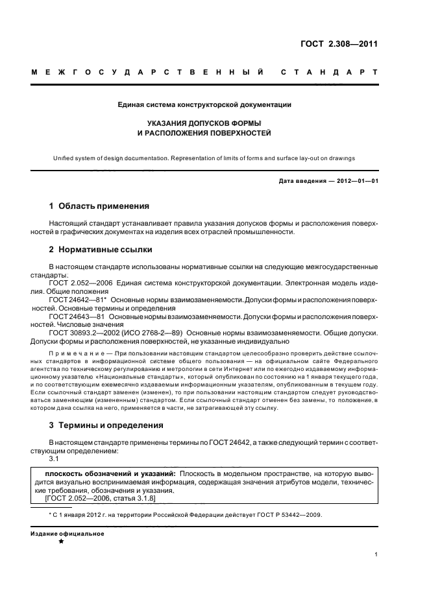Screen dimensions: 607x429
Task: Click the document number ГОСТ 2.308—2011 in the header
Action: coord(343,44)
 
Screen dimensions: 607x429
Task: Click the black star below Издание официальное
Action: coord(60,542)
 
